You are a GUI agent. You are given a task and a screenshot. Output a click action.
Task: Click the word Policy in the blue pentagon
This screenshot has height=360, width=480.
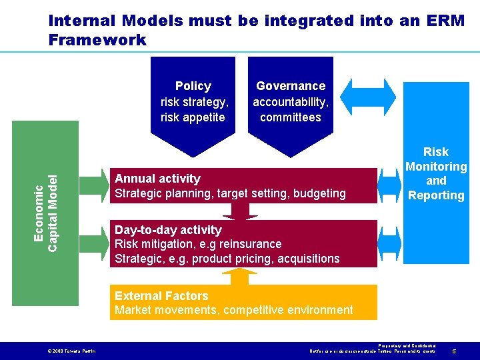click(193, 86)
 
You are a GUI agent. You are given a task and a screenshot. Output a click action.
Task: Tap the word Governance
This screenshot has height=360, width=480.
click(291, 86)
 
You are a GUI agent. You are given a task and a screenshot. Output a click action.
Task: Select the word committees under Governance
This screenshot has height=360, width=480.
click(291, 117)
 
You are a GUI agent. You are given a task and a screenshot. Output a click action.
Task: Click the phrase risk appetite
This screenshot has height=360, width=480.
click(193, 117)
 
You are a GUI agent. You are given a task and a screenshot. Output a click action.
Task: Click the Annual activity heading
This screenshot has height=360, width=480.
click(157, 179)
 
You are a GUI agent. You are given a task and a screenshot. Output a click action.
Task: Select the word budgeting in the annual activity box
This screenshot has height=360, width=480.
click(320, 193)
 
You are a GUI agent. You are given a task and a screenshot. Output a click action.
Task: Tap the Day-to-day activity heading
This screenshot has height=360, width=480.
click(168, 230)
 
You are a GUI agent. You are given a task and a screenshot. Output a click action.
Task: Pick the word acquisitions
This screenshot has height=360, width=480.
click(308, 259)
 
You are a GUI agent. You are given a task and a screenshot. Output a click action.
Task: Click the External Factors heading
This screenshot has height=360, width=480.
click(161, 296)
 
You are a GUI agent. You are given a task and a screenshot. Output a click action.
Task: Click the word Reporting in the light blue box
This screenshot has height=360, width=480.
click(436, 195)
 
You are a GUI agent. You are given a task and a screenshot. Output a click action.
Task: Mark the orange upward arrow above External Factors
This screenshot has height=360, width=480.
click(239, 276)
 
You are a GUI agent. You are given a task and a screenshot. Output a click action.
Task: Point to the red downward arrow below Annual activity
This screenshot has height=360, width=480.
click(239, 211)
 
